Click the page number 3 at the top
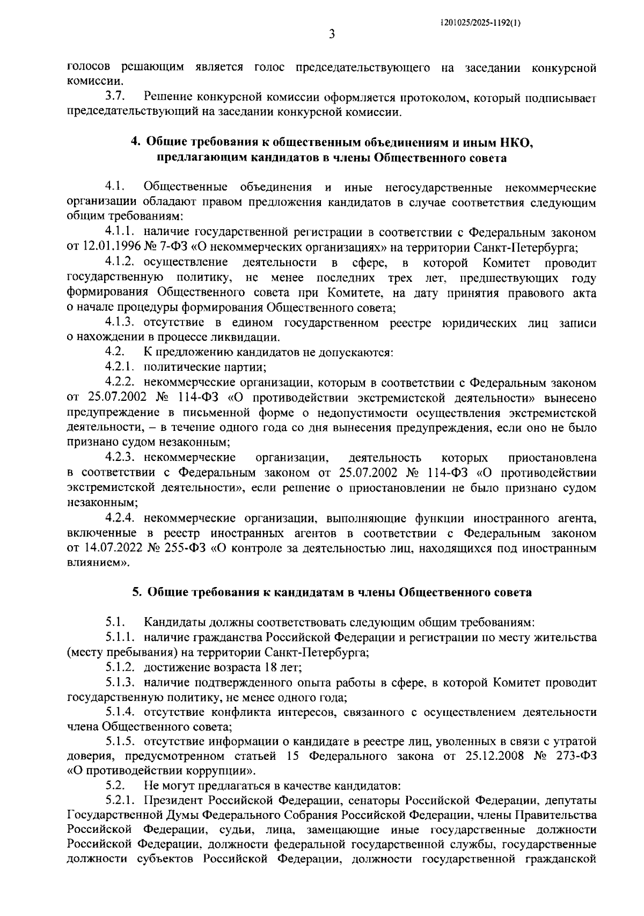[x=332, y=35]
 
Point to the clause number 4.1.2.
[x=122, y=263]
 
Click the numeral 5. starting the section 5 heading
[x=137, y=592]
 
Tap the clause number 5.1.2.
[x=122, y=668]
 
